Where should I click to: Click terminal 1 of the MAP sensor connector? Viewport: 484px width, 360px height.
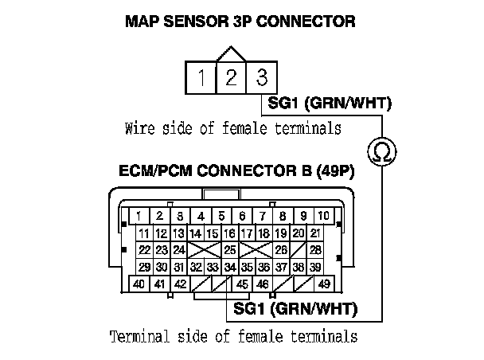[x=203, y=78]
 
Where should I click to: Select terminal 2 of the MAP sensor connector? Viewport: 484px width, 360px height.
[x=231, y=78]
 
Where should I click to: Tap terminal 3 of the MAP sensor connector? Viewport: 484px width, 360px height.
[x=260, y=78]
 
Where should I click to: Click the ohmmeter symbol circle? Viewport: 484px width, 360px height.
[x=382, y=152]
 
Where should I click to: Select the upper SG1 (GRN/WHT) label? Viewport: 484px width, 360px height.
[x=329, y=104]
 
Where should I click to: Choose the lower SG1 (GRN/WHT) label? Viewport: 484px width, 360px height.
[x=294, y=307]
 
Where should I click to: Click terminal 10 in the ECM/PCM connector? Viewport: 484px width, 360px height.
[x=323, y=216]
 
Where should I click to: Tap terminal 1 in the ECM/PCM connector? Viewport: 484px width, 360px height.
[x=139, y=216]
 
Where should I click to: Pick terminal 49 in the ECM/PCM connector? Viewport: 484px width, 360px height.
[x=323, y=284]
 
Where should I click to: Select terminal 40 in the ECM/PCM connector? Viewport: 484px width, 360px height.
[x=139, y=284]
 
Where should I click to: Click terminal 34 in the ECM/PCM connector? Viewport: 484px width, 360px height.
[x=230, y=267]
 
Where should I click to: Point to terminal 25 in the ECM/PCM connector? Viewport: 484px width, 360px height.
[x=230, y=250]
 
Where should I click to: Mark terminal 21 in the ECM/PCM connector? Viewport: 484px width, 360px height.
[x=315, y=233]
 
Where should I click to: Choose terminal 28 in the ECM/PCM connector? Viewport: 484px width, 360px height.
[x=315, y=250]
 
